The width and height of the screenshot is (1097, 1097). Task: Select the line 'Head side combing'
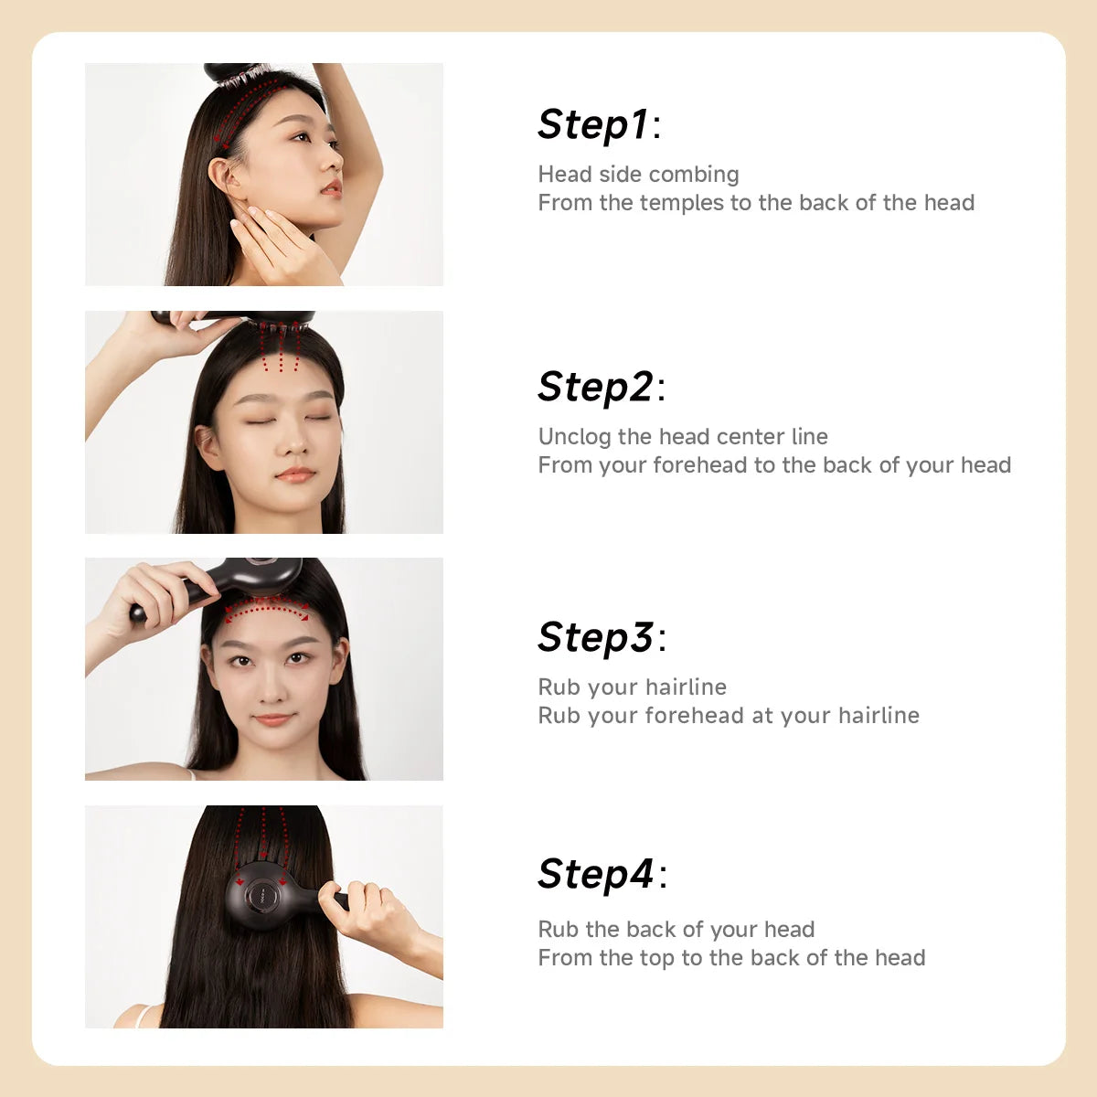pyautogui.click(x=638, y=175)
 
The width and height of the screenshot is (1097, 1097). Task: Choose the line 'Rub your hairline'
pyautogui.click(x=632, y=687)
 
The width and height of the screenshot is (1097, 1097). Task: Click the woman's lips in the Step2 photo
pyautogui.click(x=295, y=474)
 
